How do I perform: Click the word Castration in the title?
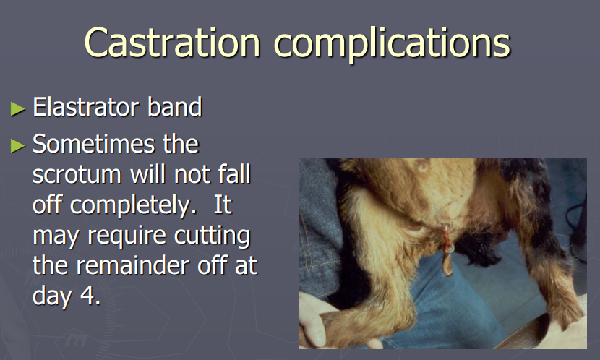point(172,43)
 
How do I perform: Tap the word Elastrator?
point(84,107)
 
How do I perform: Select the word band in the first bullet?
point(175,107)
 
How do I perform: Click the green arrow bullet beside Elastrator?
point(17,108)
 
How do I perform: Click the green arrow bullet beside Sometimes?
point(17,146)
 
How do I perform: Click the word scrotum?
point(76,175)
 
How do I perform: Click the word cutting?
point(212,236)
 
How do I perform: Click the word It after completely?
point(223,205)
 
